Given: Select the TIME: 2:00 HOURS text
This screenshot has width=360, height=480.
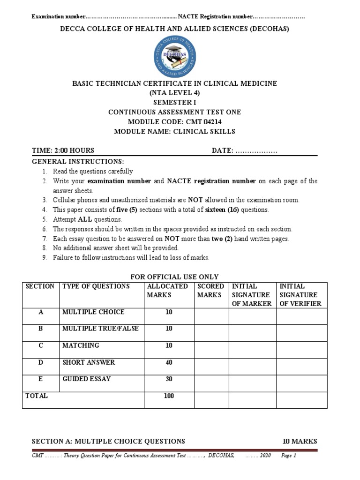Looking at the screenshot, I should coord(63,150).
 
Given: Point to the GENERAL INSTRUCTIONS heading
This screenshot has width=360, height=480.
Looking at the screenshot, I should coord(78,161).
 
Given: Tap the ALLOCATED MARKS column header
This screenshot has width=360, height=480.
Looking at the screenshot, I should coord(167,291).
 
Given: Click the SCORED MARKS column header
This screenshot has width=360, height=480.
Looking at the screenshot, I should coord(210,291).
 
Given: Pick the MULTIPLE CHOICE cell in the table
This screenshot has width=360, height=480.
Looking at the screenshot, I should coord(93,312).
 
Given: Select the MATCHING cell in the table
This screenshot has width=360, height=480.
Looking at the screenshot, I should coord(81,345).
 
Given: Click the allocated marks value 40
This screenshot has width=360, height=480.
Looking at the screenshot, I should coord(169,362).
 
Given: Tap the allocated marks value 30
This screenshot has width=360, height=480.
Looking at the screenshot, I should coord(169,379).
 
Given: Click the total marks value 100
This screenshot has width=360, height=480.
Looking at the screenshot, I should coord(169,396).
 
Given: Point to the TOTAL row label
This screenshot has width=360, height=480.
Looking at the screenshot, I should coord(37,396).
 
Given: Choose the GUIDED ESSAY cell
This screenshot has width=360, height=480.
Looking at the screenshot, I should coord(87,379).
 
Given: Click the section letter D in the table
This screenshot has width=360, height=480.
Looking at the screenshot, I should coord(41,362).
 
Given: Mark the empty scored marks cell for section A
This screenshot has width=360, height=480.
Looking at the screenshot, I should coord(211,316).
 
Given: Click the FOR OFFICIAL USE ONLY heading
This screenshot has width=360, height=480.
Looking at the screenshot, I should coord(174,277).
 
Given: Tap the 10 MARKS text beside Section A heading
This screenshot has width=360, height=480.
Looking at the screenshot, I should coord(300,441).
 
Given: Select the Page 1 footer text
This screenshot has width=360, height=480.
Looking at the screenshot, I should coord(288,456).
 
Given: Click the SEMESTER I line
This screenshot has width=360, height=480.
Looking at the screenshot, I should coord(174,102).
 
